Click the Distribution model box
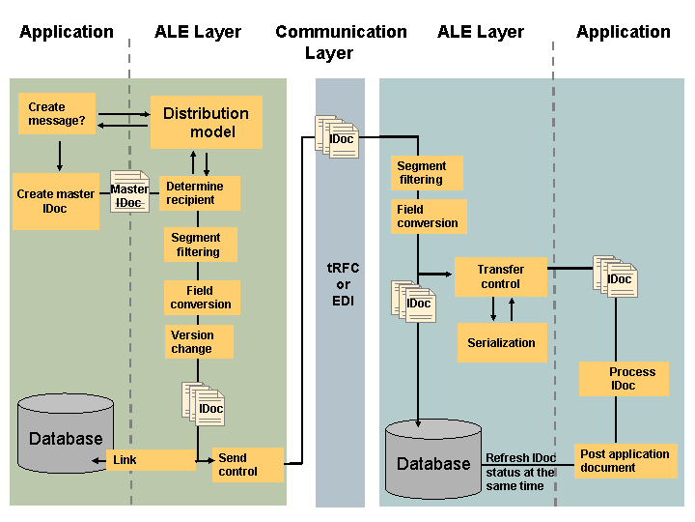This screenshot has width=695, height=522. tap(207, 122)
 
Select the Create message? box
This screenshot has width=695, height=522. tap(57, 114)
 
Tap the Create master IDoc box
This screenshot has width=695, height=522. tap(56, 201)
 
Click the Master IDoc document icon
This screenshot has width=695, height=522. tap(129, 191)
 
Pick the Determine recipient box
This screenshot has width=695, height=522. tap(200, 193)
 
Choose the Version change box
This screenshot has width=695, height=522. tap(199, 342)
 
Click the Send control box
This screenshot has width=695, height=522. tap(248, 465)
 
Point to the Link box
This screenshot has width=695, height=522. tap(151, 460)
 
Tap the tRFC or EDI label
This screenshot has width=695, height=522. tap(343, 284)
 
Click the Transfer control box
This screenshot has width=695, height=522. tap(501, 276)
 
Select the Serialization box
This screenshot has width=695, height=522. tap(502, 342)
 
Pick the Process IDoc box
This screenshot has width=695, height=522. tap(624, 379)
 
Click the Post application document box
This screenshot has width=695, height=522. tap(625, 461)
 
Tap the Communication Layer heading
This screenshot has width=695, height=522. tap(341, 43)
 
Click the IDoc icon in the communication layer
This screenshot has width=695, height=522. tap(337, 136)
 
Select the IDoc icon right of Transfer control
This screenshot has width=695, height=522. tap(615, 276)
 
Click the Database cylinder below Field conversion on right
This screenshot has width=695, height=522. tap(433, 459)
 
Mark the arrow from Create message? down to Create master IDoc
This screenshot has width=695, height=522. tap(60, 157)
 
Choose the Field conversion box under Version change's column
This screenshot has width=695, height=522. tap(202, 298)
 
